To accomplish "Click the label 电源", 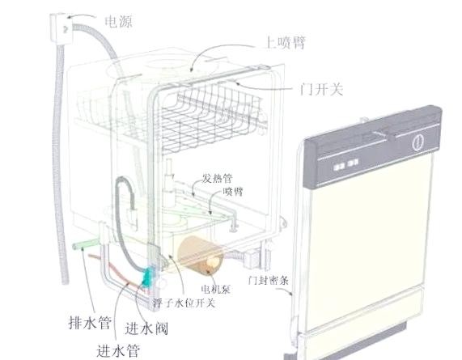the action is coord(118,22).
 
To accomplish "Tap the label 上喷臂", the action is coord(286,43).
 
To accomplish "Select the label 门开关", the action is coord(321,89).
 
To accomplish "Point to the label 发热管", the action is coord(217,178).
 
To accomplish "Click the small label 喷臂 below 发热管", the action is coord(233,192).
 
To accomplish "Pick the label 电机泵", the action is coord(216,290).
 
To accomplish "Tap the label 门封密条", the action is coord(268,280).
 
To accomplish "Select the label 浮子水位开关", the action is coord(184,303).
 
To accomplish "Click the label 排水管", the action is coord(90,322).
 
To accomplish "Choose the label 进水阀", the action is coord(146,328).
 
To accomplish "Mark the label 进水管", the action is coord(118,350).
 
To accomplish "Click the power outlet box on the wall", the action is coord(61,28).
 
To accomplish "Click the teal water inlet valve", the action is coord(149,277).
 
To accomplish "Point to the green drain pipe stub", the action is coord(85,244).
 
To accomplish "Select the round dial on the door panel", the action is coord(418,142).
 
